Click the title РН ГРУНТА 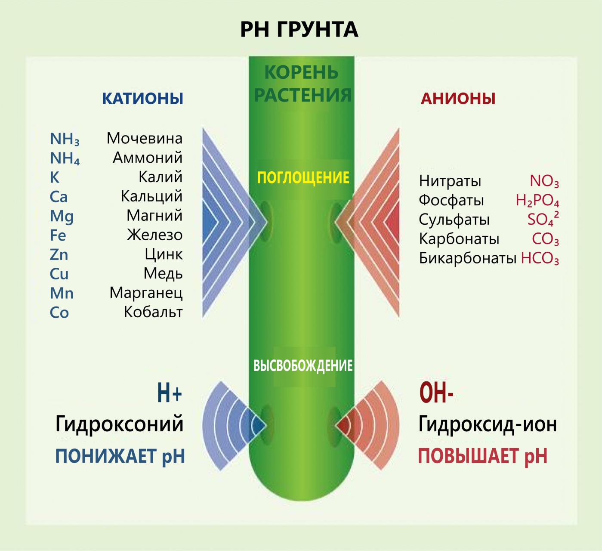[299, 30]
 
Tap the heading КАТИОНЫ [142, 99]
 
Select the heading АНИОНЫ [458, 99]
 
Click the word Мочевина [145, 138]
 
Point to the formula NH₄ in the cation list [65, 158]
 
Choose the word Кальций [151, 196]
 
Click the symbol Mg [62, 216]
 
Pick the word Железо [154, 235]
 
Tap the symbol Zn [59, 254]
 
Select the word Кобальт [153, 312]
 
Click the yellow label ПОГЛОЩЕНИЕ [303, 178]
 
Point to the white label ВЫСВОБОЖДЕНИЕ [303, 366]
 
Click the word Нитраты [450, 181]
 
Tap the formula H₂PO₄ [537, 201]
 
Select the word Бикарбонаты [467, 258]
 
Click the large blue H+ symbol [170, 393]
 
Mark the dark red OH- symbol [436, 393]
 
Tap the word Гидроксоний [120, 424]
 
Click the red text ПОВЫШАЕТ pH [482, 456]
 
